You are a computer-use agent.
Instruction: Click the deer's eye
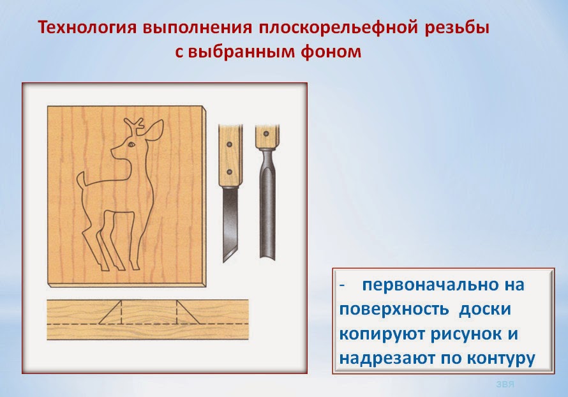point(131,146)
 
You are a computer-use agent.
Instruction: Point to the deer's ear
point(154,132)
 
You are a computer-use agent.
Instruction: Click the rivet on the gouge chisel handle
point(264,135)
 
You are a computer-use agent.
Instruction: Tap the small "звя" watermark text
point(504,384)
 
